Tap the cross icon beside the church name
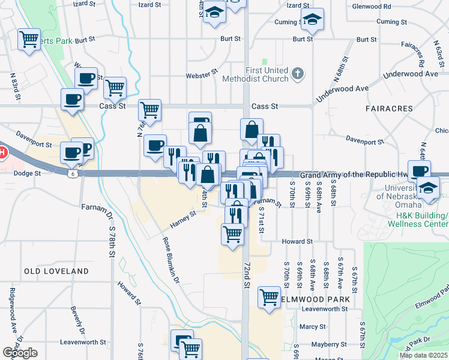(x=297, y=74)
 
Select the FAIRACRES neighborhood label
(x=388, y=109)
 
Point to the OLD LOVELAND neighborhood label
(x=56, y=271)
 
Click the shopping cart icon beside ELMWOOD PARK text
(x=270, y=297)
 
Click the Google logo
(x=20, y=353)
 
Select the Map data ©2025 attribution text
(x=424, y=355)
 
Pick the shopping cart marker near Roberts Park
(x=28, y=40)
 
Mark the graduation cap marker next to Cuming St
(x=312, y=20)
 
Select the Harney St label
(x=183, y=220)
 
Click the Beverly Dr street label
(x=76, y=321)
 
